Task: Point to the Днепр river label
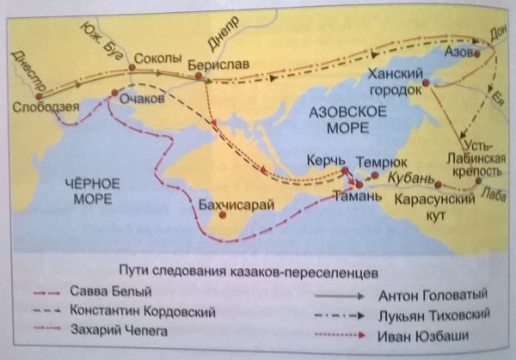click(x=218, y=33)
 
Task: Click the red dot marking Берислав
click(x=200, y=76)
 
